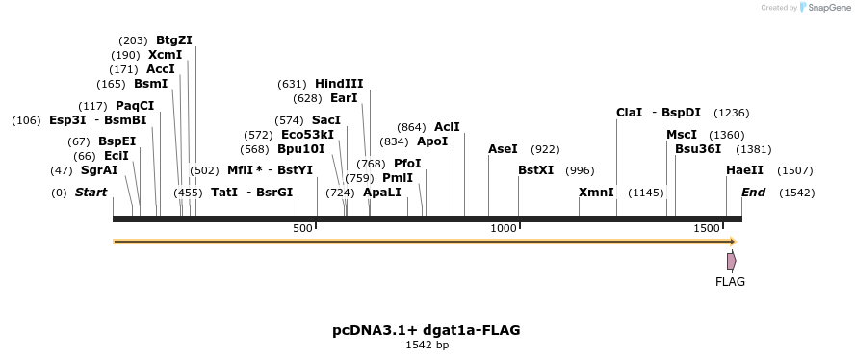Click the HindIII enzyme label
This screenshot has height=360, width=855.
(x=339, y=84)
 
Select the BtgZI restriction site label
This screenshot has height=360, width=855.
(x=174, y=40)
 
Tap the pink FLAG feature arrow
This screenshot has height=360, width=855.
(x=732, y=261)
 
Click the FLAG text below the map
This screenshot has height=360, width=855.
(x=730, y=282)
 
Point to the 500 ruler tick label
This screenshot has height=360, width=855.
(x=302, y=227)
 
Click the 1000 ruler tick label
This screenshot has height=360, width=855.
(x=504, y=227)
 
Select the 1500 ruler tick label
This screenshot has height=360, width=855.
(x=707, y=227)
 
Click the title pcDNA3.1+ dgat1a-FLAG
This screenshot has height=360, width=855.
(x=427, y=330)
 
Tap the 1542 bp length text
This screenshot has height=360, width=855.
(x=427, y=345)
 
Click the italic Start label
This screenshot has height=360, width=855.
(x=91, y=193)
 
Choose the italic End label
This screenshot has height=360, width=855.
(x=753, y=193)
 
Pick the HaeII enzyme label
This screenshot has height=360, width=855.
(x=744, y=170)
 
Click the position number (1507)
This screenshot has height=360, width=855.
(x=795, y=170)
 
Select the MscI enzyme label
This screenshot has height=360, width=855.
(x=682, y=135)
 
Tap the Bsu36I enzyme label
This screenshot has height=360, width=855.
(x=698, y=149)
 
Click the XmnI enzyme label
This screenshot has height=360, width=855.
(x=596, y=193)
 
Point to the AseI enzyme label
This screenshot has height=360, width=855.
(x=503, y=149)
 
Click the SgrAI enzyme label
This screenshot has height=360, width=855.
(x=99, y=170)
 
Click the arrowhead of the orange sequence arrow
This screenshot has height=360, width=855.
(x=732, y=242)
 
